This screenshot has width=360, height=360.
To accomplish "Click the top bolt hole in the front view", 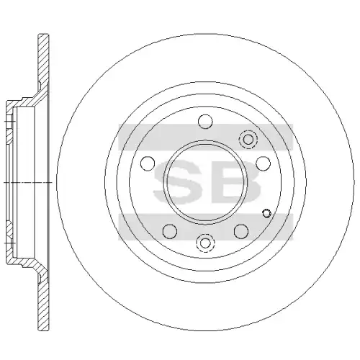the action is click(x=205, y=121).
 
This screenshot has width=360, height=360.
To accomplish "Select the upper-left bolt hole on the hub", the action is click(x=148, y=163).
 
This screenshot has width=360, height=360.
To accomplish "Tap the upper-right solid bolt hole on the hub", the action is click(x=264, y=163).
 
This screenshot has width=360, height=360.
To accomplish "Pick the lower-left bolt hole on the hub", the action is click(x=170, y=231).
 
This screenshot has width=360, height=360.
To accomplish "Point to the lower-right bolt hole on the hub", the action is click(x=241, y=231).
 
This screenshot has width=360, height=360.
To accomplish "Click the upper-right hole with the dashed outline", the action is click(x=248, y=139).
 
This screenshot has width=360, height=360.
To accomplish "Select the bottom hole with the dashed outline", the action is click(x=205, y=243).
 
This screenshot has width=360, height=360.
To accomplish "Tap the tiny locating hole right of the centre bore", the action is click(x=266, y=214).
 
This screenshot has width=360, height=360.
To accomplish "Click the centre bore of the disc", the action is click(x=205, y=182).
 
